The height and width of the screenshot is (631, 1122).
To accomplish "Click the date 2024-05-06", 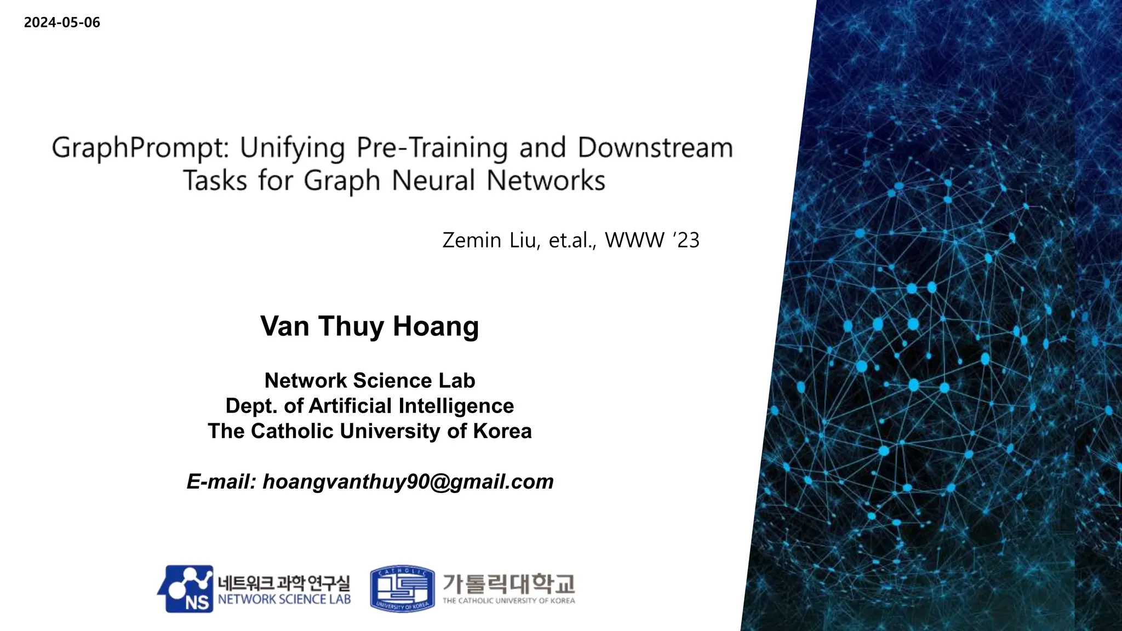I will (62, 22).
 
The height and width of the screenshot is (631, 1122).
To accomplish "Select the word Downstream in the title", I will (655, 148).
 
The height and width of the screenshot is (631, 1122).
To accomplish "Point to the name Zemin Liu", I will (491, 240).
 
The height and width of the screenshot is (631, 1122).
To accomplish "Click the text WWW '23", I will (652, 240).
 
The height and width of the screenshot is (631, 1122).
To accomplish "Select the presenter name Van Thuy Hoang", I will (369, 326).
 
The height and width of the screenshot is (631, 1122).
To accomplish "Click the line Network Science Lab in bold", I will (369, 381).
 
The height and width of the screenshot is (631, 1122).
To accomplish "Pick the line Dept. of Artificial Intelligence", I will (369, 406).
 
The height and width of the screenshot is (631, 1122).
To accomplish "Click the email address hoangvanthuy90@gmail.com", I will (408, 482).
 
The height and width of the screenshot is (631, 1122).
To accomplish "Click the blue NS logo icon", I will (186, 589).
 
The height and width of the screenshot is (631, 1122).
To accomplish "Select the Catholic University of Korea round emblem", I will (402, 589).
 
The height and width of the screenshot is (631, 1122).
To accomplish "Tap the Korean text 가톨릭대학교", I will (508, 583).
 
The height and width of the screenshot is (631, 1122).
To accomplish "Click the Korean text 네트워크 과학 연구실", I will (284, 583).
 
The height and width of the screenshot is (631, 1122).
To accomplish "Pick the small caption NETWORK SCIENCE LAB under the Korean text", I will (284, 600).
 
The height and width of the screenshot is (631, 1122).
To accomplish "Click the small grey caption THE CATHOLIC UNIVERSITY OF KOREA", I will (508, 601).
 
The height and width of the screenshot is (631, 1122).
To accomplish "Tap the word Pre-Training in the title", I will (432, 148).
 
